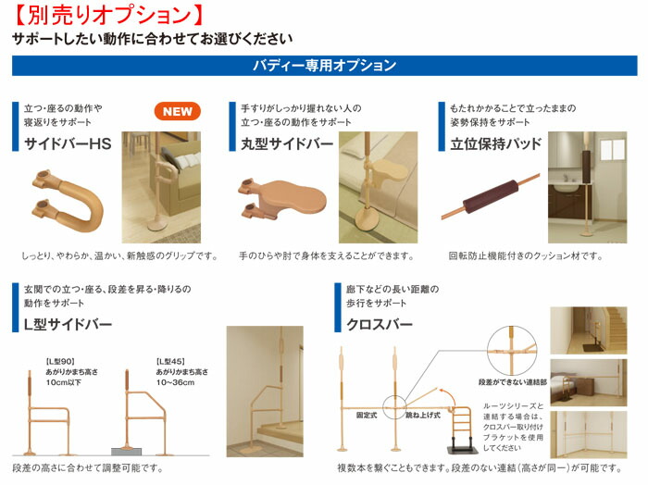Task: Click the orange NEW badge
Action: [178, 111]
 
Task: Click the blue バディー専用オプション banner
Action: [324, 67]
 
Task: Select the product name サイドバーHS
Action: [68, 143]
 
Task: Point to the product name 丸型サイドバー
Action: [287, 143]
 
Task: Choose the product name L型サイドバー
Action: [68, 324]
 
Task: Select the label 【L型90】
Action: [60, 360]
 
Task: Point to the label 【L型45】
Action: [172, 360]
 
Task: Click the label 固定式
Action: [368, 417]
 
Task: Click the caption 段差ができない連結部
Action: [510, 380]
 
